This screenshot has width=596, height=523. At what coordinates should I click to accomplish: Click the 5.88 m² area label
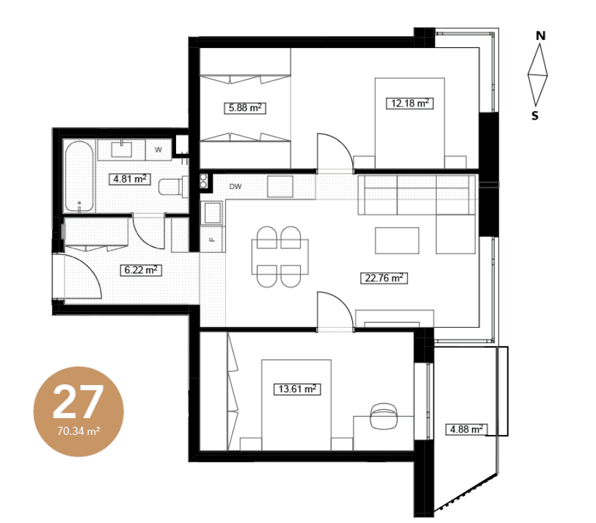point(245,108)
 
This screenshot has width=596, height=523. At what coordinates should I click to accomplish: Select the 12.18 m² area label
point(410,103)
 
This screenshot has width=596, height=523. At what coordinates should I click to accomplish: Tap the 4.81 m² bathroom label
point(129,179)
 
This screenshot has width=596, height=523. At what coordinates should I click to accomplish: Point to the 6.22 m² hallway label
point(141,270)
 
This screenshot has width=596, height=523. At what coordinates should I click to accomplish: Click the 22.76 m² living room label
point(384,278)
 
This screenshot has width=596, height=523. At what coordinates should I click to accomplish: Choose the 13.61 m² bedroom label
point(297,389)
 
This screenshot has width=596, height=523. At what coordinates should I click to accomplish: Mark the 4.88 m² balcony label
point(467,430)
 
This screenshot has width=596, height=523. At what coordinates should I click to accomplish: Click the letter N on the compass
point(541,35)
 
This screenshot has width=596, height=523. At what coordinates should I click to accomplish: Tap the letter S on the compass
point(535,116)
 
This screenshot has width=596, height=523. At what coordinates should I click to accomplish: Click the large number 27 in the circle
point(78,401)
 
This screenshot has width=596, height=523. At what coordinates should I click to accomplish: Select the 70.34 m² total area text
point(79,432)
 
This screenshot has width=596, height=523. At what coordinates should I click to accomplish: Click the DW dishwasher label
point(235,187)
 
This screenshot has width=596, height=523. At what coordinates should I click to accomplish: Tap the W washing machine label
point(158,150)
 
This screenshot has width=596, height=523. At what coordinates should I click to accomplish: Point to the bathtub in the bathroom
point(79,176)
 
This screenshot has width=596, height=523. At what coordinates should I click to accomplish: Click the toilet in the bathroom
point(173,187)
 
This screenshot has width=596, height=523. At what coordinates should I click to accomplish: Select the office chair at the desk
point(384,416)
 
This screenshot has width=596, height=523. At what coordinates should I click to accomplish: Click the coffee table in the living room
point(397,240)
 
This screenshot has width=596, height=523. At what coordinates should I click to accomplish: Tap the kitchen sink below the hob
point(212,212)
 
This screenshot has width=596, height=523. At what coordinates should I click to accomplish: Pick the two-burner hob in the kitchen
point(204,181)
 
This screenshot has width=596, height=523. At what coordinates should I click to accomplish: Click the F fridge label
point(212,240)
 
